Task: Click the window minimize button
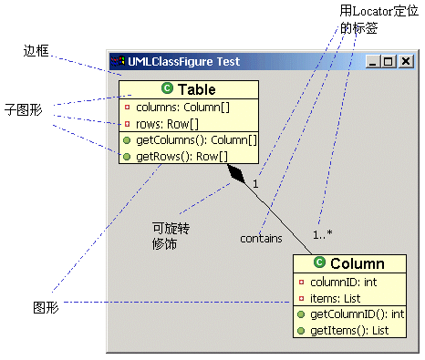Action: click(x=374, y=62)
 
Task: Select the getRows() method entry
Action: click(x=174, y=156)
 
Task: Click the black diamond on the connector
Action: click(x=238, y=174)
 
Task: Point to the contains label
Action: click(x=261, y=238)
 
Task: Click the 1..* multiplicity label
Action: click(x=323, y=234)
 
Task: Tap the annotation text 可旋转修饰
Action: click(x=165, y=236)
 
